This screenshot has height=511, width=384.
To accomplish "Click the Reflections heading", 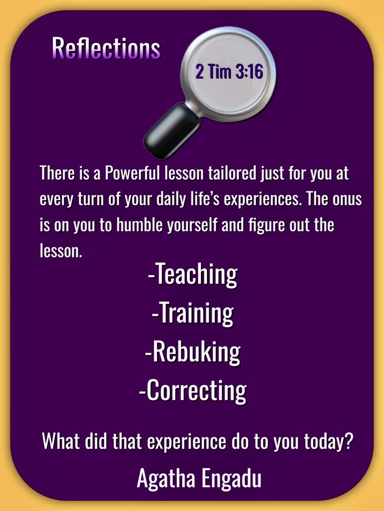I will click(x=106, y=49).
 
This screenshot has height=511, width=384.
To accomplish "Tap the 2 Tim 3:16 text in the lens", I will click(x=229, y=72).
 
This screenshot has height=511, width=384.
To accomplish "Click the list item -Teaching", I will click(x=192, y=275).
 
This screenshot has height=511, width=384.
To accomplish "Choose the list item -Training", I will click(x=192, y=313).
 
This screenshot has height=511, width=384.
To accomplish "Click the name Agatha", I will click(x=168, y=479).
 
